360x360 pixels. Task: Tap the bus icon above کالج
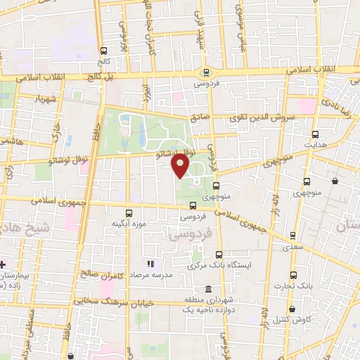pyautogui.click(x=104, y=51)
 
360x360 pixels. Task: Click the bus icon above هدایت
pyautogui.click(x=315, y=134)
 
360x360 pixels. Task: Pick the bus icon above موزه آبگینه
pyautogui.click(x=129, y=212)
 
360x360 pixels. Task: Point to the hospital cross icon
pyautogui.click(x=3, y=264)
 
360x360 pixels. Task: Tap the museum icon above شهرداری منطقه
pyautogui.click(x=207, y=290)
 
